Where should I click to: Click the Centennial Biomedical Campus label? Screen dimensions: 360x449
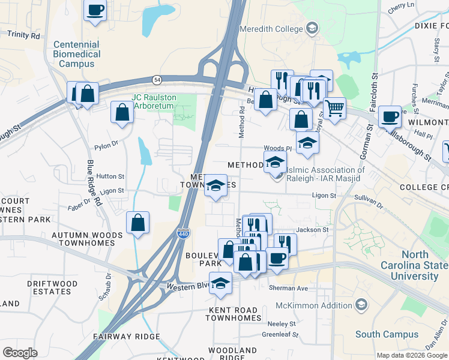76,53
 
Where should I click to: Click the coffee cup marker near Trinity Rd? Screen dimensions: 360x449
95,10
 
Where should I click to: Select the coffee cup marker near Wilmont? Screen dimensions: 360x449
390,115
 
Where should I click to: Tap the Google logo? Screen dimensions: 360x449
20,353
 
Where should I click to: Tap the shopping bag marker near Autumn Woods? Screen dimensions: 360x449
138,223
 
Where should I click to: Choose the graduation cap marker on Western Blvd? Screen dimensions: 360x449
221,283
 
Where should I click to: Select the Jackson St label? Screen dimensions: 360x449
313,229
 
